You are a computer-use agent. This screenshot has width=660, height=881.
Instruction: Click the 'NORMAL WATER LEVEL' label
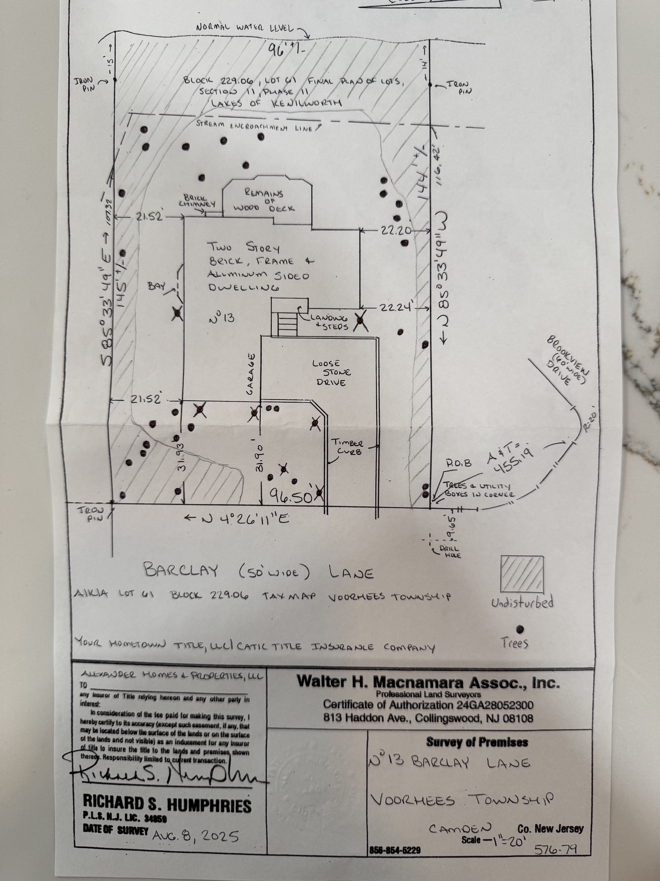coord(245,28)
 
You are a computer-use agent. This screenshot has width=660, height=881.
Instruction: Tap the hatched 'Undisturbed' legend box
coord(522,574)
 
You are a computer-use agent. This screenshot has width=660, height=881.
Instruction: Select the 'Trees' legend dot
coord(519,630)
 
